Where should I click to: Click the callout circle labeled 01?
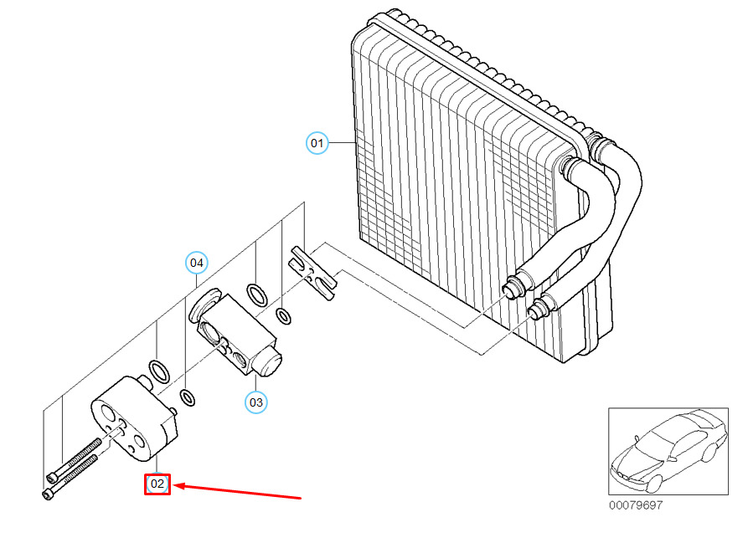coord(317,143)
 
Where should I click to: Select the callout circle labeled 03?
coord(255,402)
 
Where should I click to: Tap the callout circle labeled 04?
coord(196,263)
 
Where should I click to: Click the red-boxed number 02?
coord(157,484)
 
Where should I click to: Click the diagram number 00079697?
coord(635,505)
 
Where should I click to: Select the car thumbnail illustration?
coord(668,451)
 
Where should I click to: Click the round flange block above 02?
coord(134,418)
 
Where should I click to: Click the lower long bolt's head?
coord(46,494)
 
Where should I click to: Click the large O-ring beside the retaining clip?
coord(257,294)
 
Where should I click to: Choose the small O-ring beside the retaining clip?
coord(284,316)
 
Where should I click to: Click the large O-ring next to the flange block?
coord(157,370)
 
